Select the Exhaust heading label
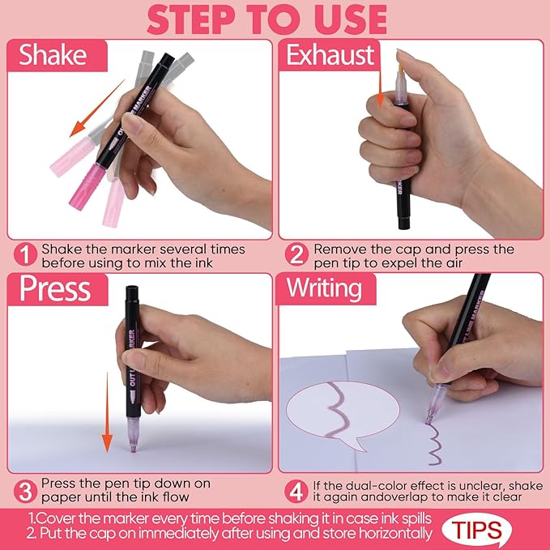(x=330, y=55)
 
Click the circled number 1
(x=25, y=255)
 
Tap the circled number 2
(x=297, y=255)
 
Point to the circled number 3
(x=25, y=490)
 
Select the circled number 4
(x=297, y=490)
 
